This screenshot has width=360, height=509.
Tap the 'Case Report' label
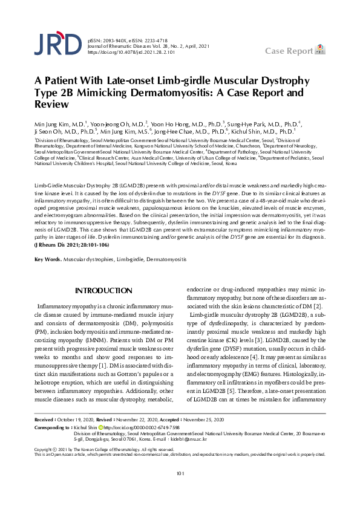pos(288,50)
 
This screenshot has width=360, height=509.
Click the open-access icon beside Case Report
pos(321,48)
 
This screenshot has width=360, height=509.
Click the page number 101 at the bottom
pos(180,491)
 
